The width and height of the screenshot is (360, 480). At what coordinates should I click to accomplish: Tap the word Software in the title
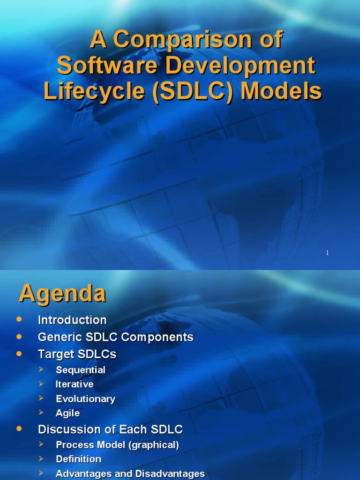(x=104, y=66)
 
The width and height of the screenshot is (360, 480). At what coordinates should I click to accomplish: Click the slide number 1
(x=327, y=253)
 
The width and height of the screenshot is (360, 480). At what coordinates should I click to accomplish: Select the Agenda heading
(x=62, y=294)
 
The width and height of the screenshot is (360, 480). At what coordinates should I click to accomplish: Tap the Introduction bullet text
(x=72, y=320)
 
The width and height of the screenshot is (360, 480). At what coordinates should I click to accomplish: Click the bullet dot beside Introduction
(x=19, y=319)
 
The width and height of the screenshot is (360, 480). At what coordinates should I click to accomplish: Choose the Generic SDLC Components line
(x=115, y=337)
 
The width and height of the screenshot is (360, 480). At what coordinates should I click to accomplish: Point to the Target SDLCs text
(x=77, y=354)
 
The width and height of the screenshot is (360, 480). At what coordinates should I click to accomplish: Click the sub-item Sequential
(x=81, y=370)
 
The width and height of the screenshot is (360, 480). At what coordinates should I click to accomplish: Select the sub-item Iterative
(x=75, y=384)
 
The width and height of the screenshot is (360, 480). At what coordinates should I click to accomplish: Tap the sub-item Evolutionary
(x=85, y=399)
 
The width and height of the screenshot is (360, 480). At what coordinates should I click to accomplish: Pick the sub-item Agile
(x=67, y=413)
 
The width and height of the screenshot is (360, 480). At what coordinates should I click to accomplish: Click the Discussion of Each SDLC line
(x=110, y=429)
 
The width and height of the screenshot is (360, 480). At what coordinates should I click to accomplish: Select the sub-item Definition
(x=78, y=459)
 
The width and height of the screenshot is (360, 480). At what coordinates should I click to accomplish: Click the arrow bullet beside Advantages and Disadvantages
(x=41, y=473)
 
